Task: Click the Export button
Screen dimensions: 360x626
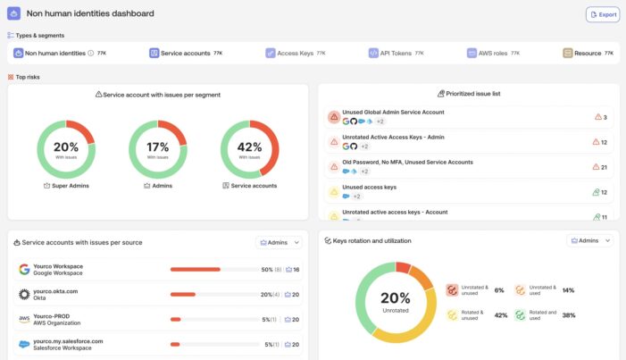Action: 602,14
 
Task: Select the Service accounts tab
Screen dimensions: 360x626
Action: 186,54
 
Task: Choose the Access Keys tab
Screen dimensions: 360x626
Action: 295,54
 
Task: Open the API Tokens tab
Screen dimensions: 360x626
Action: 396,54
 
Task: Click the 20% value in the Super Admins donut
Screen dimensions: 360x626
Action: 66,147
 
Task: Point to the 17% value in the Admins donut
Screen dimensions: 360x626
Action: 158,147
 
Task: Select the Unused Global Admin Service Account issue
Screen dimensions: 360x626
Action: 393,113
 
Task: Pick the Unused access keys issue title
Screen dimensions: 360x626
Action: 369,187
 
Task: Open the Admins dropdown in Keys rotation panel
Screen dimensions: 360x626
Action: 589,241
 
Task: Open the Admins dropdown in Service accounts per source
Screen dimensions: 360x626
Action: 280,242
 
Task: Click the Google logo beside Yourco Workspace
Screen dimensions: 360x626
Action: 24,269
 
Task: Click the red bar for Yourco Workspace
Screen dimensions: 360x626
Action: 195,269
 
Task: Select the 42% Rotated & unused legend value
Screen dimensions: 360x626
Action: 500,315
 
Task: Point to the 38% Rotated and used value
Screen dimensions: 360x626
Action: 569,315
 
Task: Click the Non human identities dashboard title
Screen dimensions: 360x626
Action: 90,13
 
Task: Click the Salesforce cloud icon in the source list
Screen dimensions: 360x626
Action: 24,344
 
